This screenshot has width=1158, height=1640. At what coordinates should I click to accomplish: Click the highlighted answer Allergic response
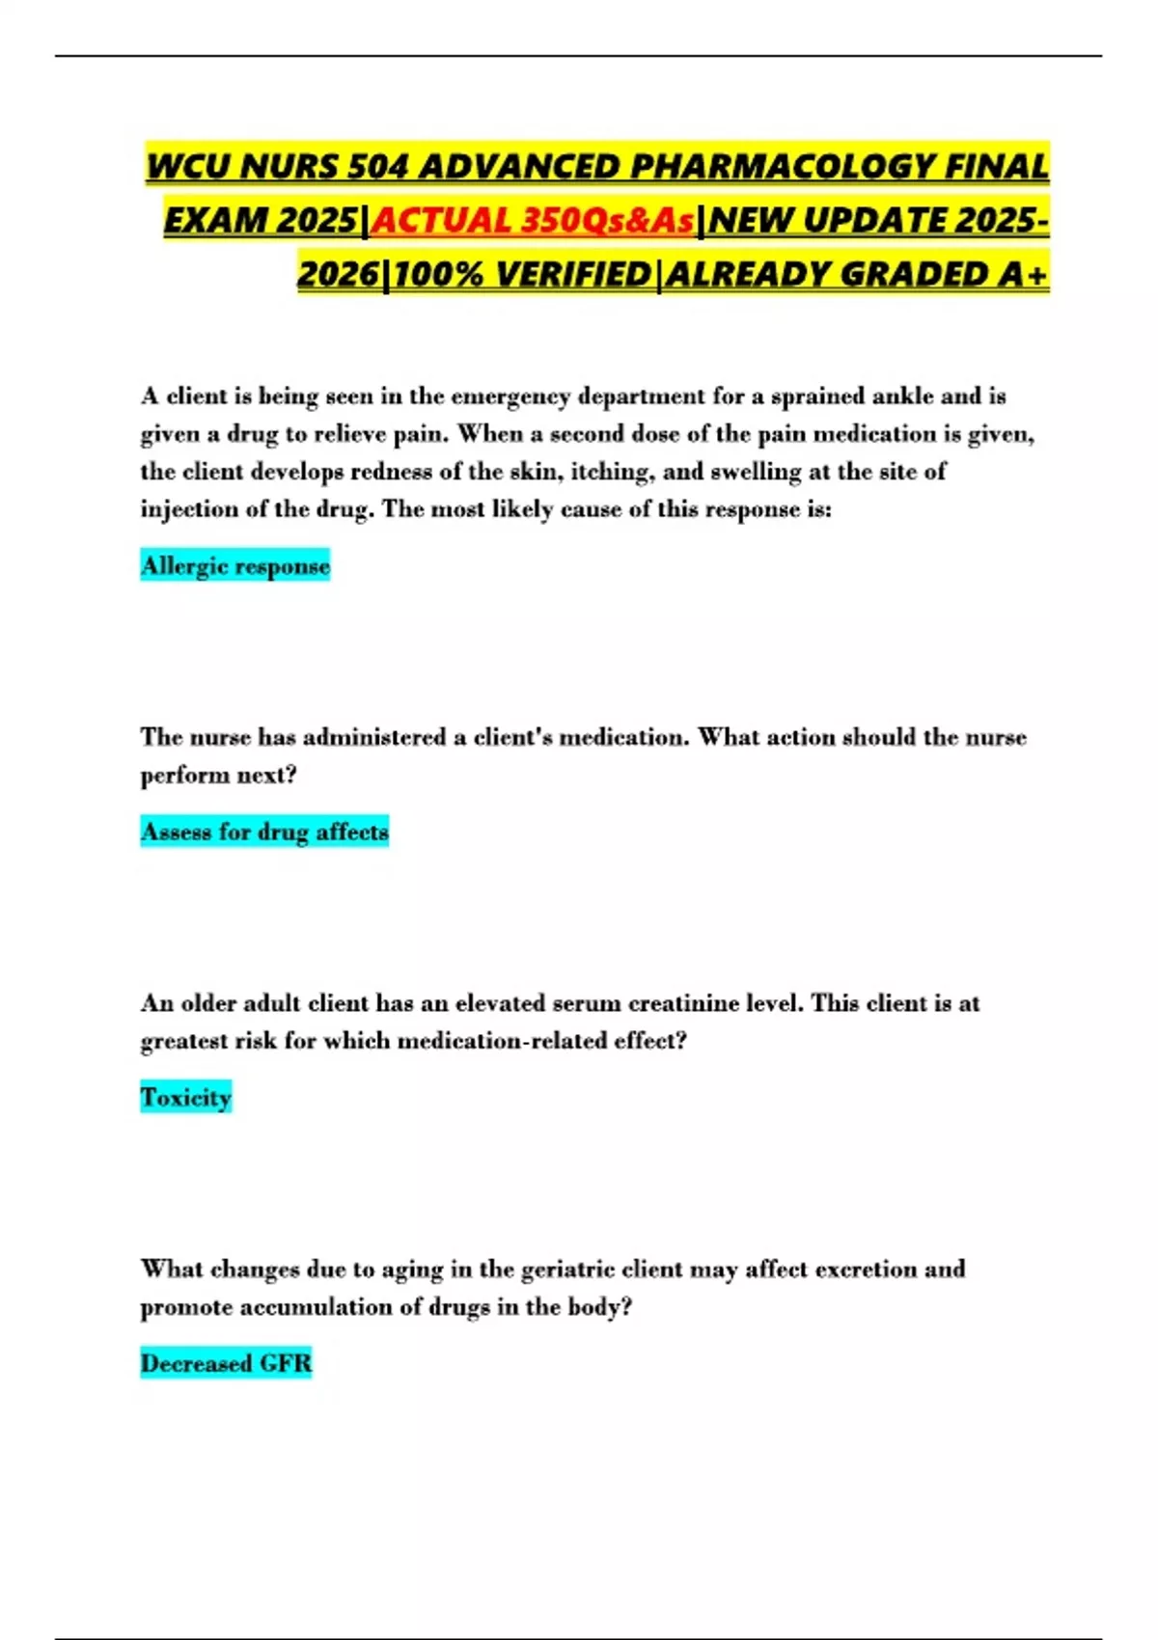click(x=235, y=565)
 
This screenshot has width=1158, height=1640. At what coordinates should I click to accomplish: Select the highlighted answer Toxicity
click(x=186, y=1097)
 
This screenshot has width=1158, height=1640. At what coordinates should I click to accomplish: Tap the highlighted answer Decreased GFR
click(x=226, y=1363)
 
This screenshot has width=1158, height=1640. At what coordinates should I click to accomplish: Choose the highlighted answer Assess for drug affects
click(x=264, y=832)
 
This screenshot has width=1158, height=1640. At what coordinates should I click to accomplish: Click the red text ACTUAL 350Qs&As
click(x=534, y=221)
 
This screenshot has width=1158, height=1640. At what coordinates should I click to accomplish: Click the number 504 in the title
click(x=379, y=167)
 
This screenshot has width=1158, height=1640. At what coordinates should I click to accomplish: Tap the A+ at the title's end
click(x=1024, y=275)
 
